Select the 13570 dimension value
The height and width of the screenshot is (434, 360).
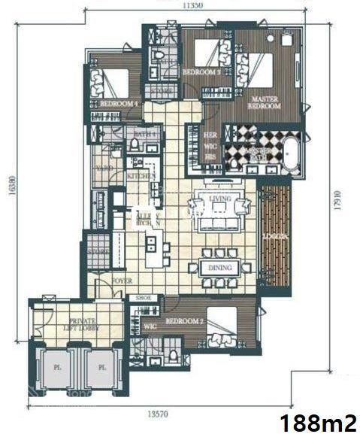tap(160, 413)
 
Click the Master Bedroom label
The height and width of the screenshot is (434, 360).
tap(265, 102)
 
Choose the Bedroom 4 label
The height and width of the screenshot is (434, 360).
tap(119, 103)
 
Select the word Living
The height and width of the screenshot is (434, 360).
tap(220, 199)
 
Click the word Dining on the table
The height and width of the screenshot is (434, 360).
tap(219, 267)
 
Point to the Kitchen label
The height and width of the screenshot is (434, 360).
tap(141, 175)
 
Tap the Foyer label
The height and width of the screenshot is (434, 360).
tap(122, 281)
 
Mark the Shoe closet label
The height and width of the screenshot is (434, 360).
tap(144, 298)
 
